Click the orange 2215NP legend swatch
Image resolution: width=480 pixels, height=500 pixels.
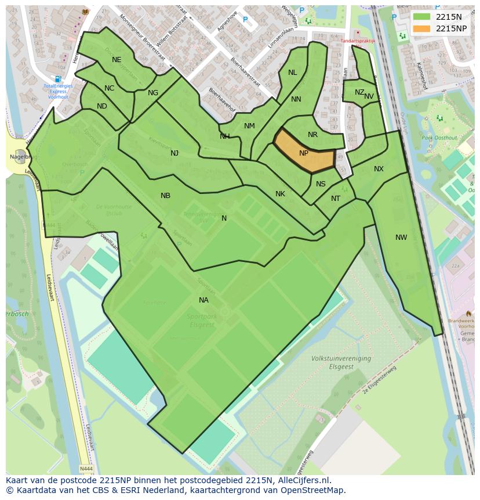pos(422,28)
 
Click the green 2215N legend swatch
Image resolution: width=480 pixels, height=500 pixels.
pos(422,17)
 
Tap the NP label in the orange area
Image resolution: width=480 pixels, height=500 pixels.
pos(304,153)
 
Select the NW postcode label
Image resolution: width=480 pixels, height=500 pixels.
pos(401,237)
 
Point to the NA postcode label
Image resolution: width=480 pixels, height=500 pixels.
pos(203,300)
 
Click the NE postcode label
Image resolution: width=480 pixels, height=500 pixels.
pos(117,60)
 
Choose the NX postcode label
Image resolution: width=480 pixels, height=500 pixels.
pos(379,169)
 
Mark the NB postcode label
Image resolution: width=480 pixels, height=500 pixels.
pos(165,196)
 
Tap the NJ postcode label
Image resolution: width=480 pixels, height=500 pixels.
pos(174,153)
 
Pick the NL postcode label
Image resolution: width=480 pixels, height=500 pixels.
pos(292,73)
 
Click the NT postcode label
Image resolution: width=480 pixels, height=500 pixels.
pos(336,199)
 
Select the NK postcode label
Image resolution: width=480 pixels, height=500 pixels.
pos(280,194)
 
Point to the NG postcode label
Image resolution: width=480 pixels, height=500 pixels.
pos(153,93)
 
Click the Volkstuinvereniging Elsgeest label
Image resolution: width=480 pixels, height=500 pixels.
pos(341,362)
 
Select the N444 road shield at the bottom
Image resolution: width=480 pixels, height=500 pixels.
pos(86,468)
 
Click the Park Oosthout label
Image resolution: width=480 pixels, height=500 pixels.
pos(439,138)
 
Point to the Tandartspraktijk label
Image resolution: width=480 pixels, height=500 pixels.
pos(358,41)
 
